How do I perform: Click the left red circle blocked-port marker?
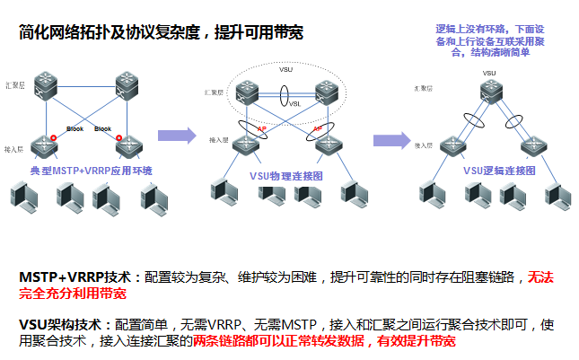(x=57, y=136)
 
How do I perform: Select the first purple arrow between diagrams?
(x=176, y=136)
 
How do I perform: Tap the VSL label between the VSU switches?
(x=294, y=103)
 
